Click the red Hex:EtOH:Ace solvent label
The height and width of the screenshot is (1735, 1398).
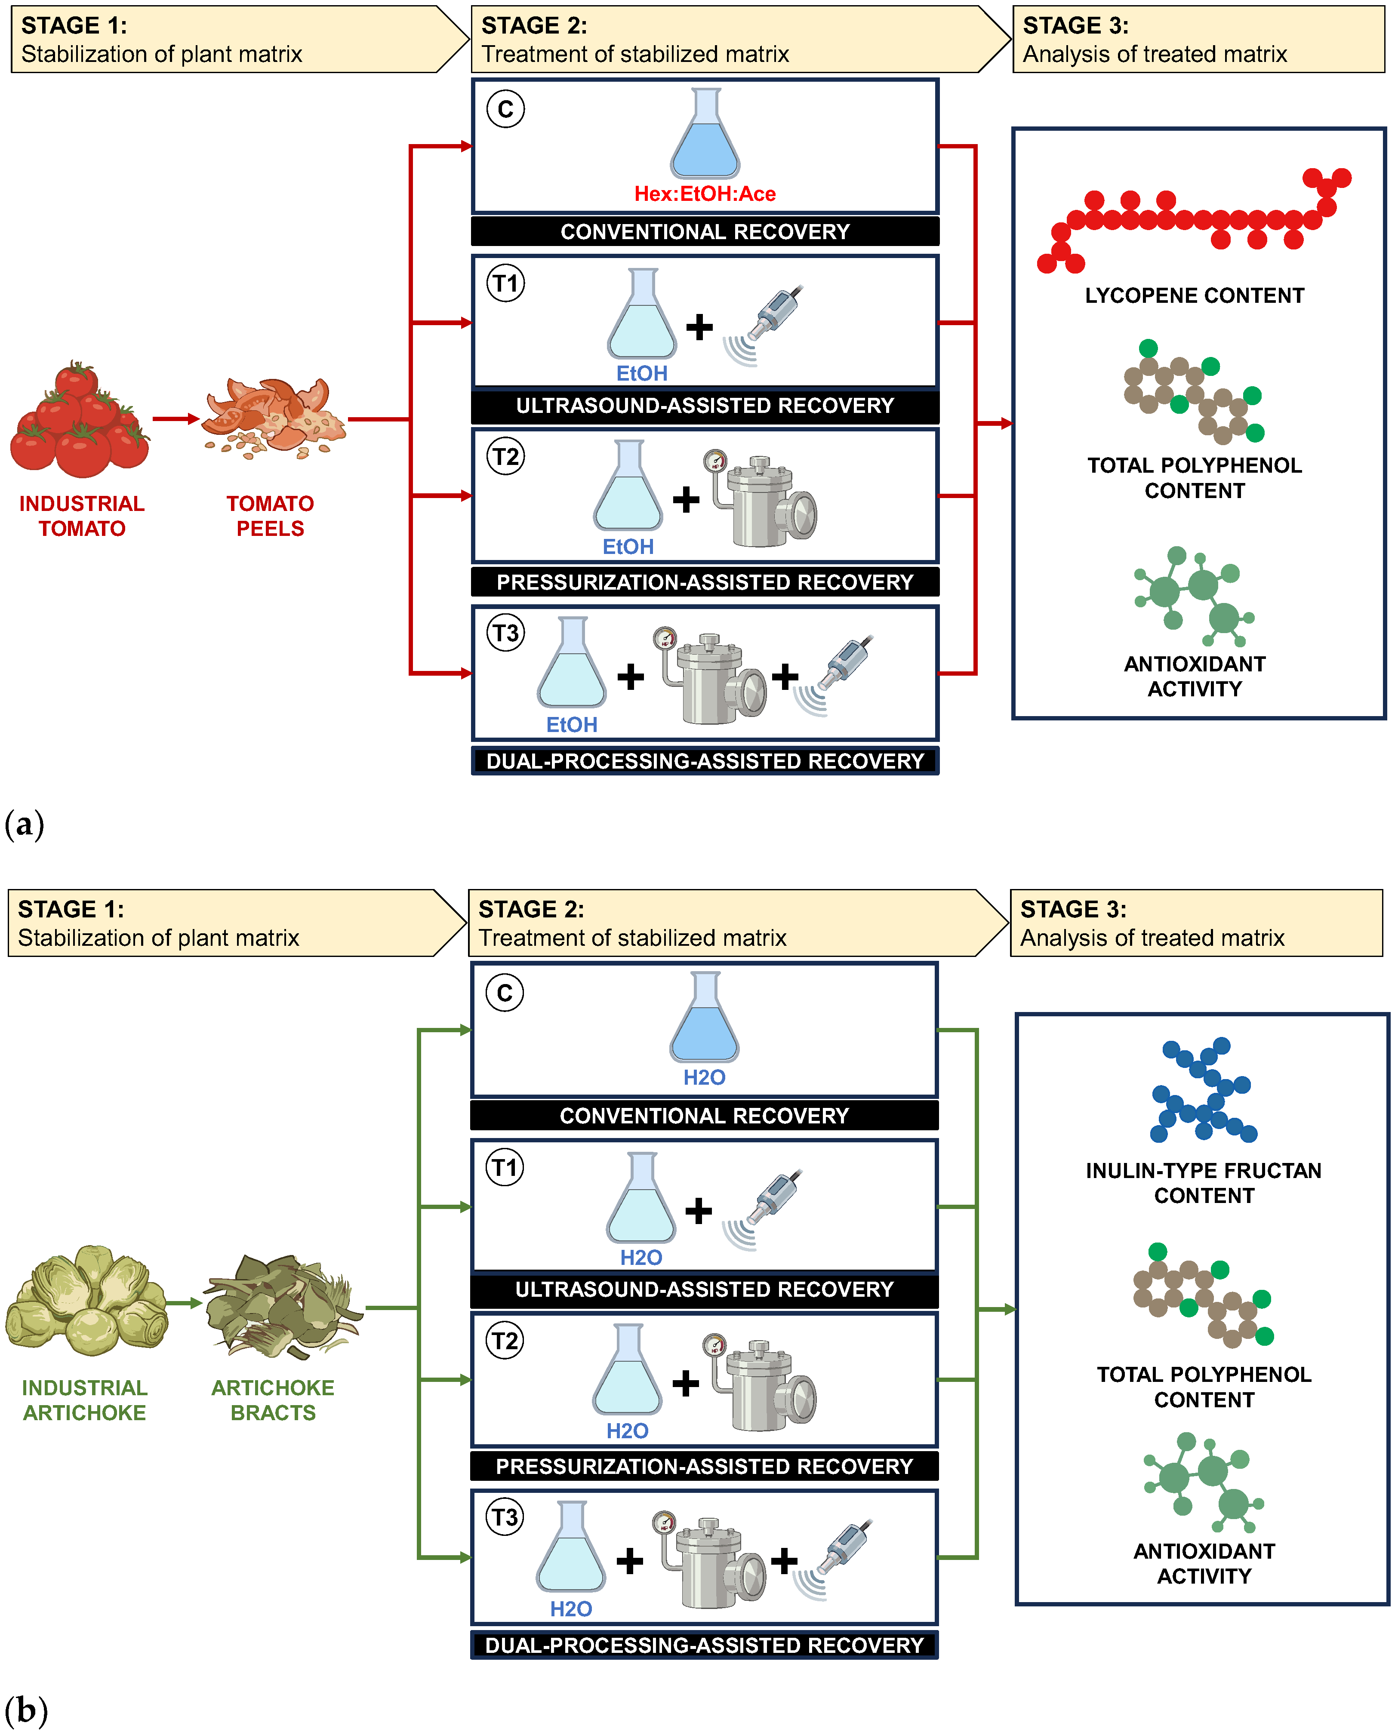click(x=705, y=194)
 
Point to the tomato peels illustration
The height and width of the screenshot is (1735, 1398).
click(x=274, y=418)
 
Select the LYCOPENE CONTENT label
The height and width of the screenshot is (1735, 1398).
click(x=1194, y=295)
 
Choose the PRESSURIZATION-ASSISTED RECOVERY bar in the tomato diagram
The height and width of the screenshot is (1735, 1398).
click(x=705, y=582)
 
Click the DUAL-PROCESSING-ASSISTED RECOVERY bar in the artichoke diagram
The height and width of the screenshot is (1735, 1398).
click(x=705, y=1645)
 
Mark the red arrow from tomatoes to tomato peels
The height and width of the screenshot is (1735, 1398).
click(x=176, y=418)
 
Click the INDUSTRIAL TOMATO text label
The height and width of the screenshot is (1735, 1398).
click(x=82, y=516)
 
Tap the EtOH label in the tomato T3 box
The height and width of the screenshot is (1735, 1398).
click(x=572, y=725)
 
